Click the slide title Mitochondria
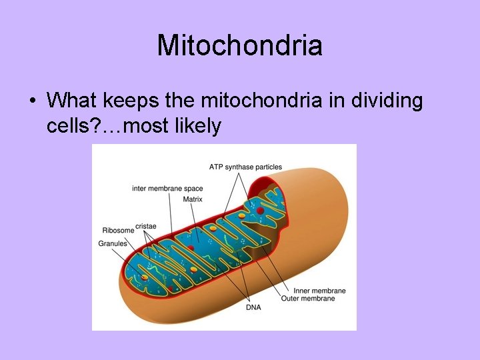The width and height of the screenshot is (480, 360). [x=239, y=45]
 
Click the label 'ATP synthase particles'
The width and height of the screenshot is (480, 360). [x=245, y=167]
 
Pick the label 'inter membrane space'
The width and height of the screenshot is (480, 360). [x=167, y=189]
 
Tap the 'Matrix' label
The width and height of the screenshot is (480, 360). [x=193, y=198]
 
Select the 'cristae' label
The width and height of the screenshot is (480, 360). [x=145, y=227]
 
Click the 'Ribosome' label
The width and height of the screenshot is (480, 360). [x=117, y=231]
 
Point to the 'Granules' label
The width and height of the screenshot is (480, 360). [x=113, y=244]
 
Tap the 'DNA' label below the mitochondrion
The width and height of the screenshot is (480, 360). [x=253, y=307]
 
